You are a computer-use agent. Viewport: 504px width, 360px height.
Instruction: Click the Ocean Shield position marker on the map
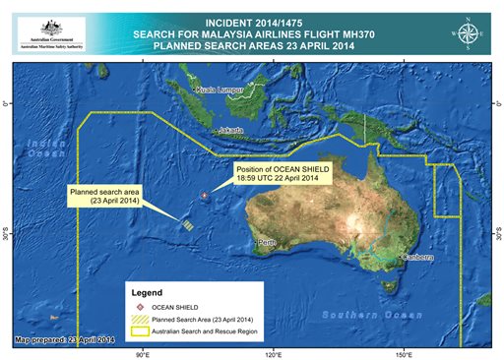click(x=205, y=196)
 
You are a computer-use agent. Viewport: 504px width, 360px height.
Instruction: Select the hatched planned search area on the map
click(x=187, y=223)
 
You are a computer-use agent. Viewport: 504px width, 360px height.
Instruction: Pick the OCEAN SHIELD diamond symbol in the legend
click(x=142, y=307)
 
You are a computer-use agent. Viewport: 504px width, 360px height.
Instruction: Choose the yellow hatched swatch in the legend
click(x=142, y=320)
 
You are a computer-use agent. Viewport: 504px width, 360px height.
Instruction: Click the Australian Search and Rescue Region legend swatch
click(x=142, y=331)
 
